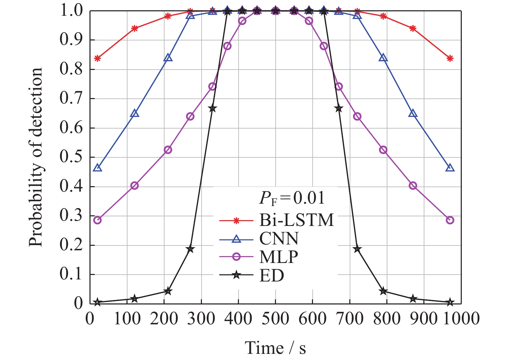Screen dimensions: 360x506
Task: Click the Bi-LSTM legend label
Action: click(296, 220)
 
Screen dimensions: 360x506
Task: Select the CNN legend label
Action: click(279, 239)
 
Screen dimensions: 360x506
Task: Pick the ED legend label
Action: click(272, 275)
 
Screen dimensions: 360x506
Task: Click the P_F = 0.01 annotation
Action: click(291, 198)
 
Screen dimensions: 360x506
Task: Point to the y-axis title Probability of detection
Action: click(36, 157)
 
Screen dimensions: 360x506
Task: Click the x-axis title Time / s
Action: click(275, 348)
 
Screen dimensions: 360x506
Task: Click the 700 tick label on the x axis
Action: click(350, 319)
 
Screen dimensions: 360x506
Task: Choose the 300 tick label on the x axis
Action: click(202, 319)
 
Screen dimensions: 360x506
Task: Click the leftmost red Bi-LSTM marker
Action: click(97, 58)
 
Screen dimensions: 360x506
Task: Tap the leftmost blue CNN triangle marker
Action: click(97, 168)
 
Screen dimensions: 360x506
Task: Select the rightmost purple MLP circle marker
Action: click(450, 220)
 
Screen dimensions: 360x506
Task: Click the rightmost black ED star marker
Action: click(450, 302)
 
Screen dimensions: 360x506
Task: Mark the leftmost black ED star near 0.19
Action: click(190, 249)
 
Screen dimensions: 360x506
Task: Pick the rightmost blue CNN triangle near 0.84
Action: click(383, 58)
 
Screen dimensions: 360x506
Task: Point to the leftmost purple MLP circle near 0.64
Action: click(190, 117)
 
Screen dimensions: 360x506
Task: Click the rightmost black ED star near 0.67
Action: click(338, 109)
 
